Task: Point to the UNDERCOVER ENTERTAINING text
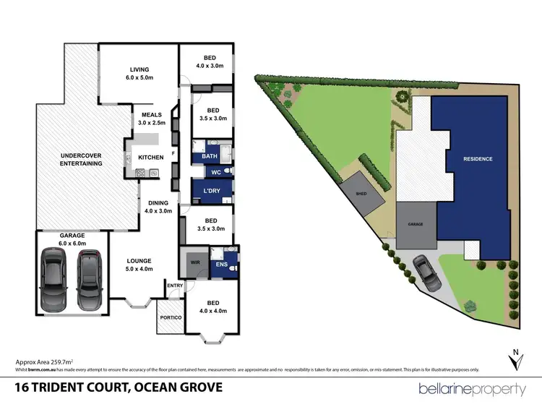pyautogui.click(x=81, y=159)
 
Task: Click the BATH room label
pyautogui.click(x=210, y=156)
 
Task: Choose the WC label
pyautogui.click(x=215, y=172)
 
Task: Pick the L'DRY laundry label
pyautogui.click(x=212, y=191)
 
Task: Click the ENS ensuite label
pyautogui.click(x=223, y=265)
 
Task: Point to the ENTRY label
pyautogui.click(x=176, y=286)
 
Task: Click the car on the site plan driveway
pyautogui.click(x=423, y=273)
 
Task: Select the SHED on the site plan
pyautogui.click(x=361, y=194)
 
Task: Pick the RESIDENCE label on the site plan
pyautogui.click(x=478, y=159)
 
